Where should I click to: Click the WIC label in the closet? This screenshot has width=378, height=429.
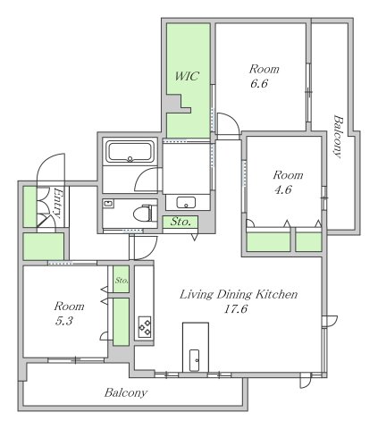187,76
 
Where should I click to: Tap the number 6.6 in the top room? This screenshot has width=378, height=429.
259,83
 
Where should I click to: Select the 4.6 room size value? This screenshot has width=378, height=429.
283,189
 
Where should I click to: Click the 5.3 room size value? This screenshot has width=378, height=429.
64,321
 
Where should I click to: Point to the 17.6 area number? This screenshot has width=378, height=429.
235,309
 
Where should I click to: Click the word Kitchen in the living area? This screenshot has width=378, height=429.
277,294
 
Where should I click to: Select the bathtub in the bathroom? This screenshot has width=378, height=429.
130,152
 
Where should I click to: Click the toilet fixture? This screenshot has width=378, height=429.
145,213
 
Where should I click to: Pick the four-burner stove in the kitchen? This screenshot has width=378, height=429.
145,327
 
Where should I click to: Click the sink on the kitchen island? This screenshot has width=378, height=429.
194,360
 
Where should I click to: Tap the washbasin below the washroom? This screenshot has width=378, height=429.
186,203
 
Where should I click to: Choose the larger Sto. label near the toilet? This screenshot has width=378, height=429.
181,222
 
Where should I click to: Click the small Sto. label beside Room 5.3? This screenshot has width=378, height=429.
122,281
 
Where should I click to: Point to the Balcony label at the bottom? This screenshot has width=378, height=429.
126,392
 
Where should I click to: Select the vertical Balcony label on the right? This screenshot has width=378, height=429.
338,137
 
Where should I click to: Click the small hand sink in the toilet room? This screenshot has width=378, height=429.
108,204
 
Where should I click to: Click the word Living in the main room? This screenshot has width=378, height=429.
197,295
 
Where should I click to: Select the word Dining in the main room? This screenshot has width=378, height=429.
235,295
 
